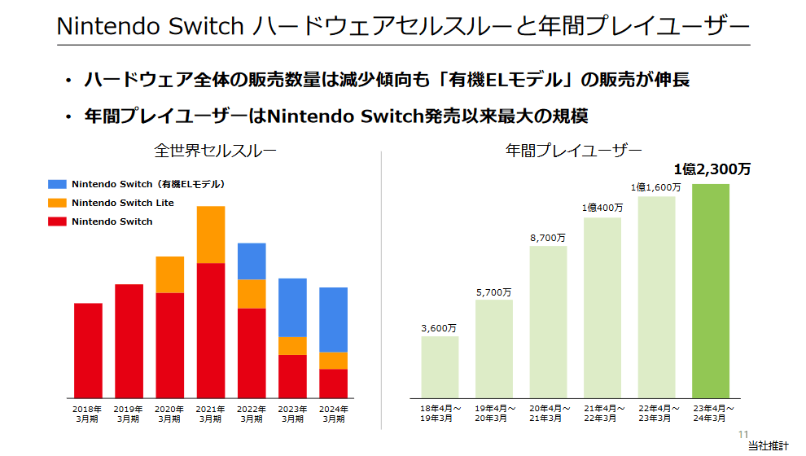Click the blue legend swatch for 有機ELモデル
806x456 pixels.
coord(57,185)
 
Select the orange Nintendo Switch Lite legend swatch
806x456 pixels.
coord(57,203)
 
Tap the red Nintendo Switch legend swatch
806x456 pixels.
coord(57,221)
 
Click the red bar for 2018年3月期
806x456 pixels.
coord(88,350)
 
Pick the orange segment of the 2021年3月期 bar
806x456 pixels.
coord(211,235)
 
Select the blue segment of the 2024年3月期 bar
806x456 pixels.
coord(333,319)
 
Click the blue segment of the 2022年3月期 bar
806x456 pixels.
coord(252,261)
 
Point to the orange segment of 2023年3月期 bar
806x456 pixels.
coord(292,345)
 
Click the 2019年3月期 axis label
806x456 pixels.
coord(129,414)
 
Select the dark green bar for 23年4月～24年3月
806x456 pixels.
coord(710,290)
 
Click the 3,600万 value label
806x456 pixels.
coord(439,328)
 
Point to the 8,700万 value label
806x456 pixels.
coord(548,238)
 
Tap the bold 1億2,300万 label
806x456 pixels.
coord(712,169)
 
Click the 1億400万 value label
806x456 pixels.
coord(602,208)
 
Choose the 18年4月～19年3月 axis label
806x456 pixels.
coord(440,413)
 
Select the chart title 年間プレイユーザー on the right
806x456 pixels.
coord(573,151)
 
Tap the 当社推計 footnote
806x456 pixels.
coord(768,446)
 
